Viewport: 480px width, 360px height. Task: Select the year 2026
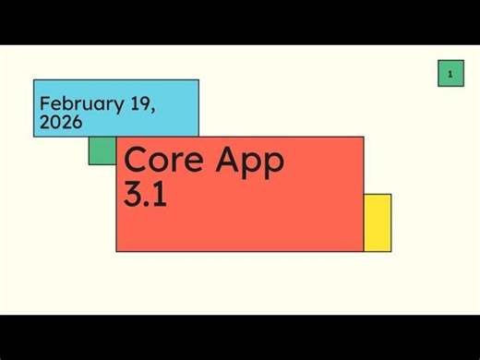coord(61,122)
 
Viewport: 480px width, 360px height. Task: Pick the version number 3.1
coord(146,195)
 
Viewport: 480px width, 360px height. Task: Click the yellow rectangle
coord(378,222)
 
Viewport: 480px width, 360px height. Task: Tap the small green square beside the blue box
coord(102,150)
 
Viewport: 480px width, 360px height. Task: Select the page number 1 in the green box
coord(450,73)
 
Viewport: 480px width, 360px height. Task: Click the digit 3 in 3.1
coord(134,195)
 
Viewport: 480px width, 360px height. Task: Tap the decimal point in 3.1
coord(149,204)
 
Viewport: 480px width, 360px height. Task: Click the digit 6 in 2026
coord(77,122)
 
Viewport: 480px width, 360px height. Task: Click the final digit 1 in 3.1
coord(160,195)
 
